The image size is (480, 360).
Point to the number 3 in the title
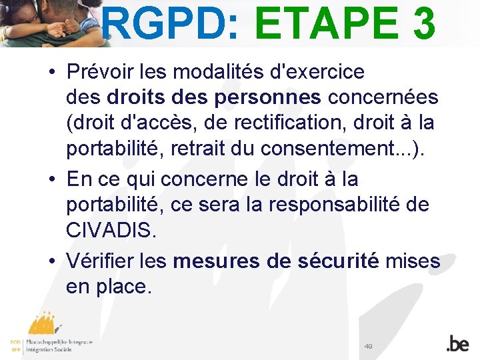(423, 25)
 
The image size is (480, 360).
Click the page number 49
(368, 346)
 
